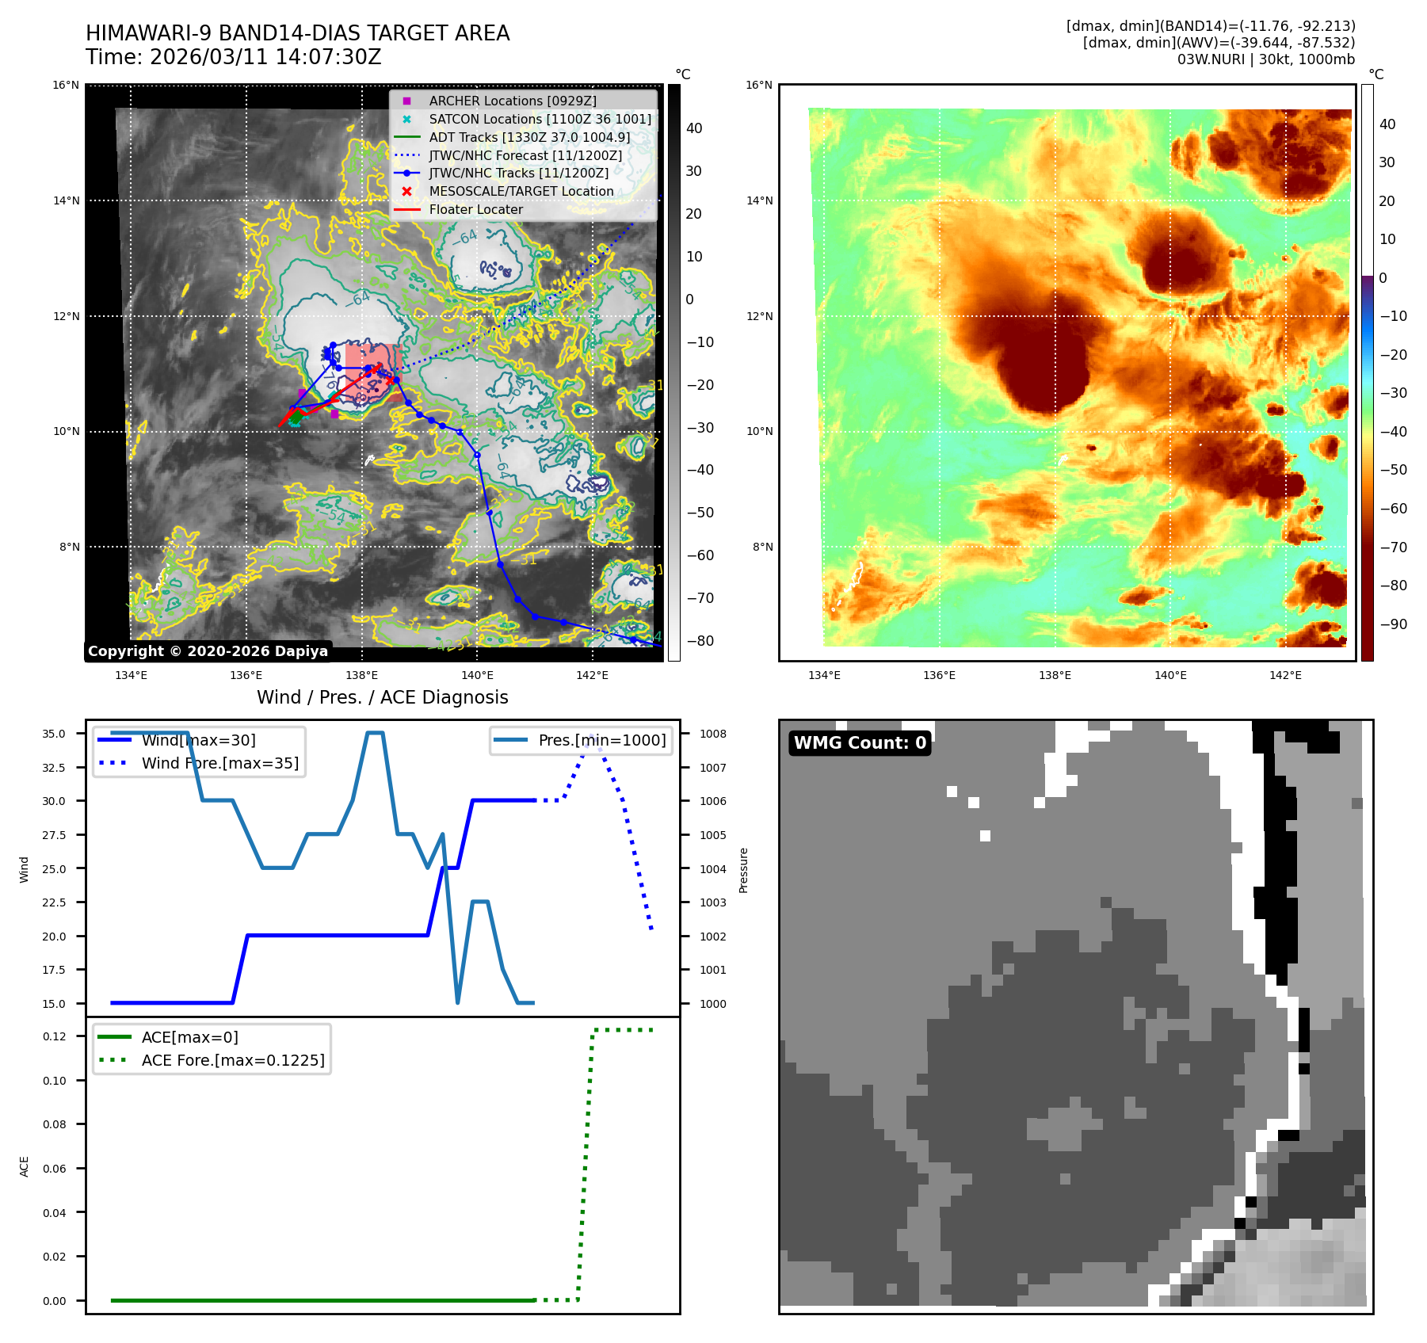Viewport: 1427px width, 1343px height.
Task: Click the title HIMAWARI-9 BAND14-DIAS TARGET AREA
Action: point(297,33)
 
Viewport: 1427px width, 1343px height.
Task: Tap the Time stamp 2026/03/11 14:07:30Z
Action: point(234,58)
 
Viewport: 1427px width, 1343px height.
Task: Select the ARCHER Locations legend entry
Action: point(512,101)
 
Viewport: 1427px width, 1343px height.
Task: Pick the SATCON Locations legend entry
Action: point(540,120)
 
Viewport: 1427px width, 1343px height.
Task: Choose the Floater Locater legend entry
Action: point(475,210)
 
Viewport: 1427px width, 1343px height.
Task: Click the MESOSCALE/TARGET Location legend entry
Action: point(521,192)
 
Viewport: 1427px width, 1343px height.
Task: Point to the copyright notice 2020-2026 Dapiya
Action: point(208,651)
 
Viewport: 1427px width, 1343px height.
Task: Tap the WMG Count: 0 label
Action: point(860,743)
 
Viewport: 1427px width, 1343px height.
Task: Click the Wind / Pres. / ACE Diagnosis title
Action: point(382,697)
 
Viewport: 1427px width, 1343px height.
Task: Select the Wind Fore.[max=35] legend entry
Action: point(219,764)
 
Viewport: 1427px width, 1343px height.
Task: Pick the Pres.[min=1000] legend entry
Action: point(601,741)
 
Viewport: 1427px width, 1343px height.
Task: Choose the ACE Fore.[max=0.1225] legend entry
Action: point(232,1061)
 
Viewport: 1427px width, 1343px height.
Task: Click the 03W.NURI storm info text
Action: point(1265,59)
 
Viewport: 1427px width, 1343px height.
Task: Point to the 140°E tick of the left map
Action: point(477,675)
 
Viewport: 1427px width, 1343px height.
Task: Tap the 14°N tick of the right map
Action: point(758,201)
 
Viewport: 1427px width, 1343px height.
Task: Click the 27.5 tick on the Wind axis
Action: point(54,835)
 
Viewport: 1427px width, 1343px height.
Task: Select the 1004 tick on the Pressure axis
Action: point(713,869)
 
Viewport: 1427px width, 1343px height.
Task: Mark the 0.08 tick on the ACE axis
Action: point(55,1124)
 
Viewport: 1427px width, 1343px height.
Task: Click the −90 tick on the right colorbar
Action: point(1393,624)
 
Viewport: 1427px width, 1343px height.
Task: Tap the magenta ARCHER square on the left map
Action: point(334,414)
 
